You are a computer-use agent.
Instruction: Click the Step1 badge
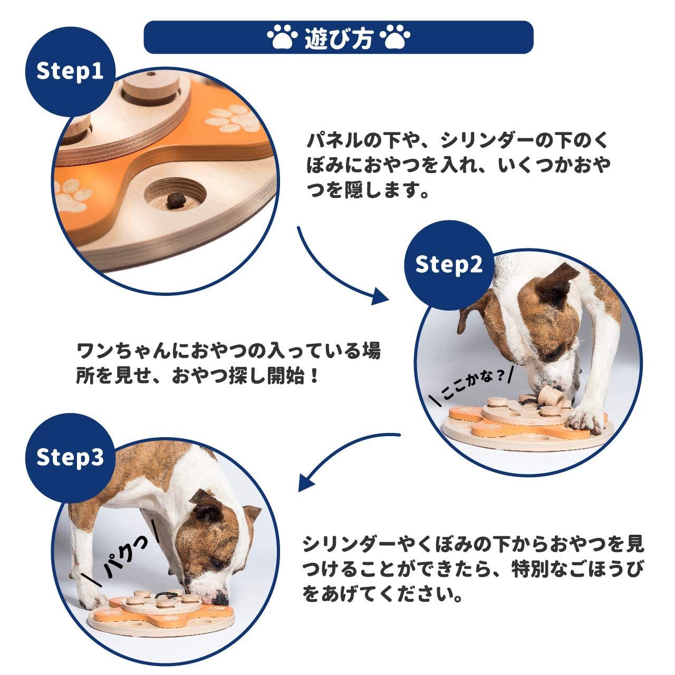(x=70, y=72)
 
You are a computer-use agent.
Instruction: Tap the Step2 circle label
(x=449, y=265)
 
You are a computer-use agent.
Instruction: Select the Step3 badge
(x=70, y=458)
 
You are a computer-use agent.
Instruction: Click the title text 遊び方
(x=339, y=37)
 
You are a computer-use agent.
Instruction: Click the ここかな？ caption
(x=473, y=384)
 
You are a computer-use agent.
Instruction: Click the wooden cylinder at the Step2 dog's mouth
(x=551, y=397)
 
